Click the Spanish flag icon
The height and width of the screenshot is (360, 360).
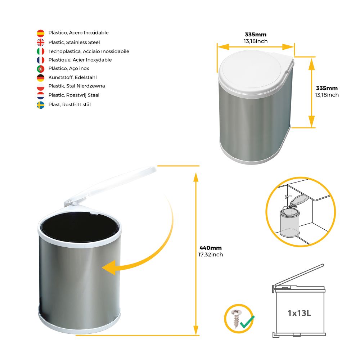click(x=41, y=33)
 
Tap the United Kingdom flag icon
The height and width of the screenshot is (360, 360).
click(x=41, y=42)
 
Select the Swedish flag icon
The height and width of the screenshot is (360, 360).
click(x=41, y=105)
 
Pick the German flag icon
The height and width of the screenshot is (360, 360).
click(x=41, y=78)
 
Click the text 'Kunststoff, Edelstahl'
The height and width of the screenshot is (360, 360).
click(x=73, y=77)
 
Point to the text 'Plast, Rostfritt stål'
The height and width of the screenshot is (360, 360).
click(x=69, y=104)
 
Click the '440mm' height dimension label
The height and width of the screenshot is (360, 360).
click(x=211, y=248)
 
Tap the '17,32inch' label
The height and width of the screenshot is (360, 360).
click(x=211, y=255)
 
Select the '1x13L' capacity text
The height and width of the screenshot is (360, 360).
click(x=300, y=313)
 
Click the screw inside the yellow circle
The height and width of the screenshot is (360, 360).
click(x=235, y=318)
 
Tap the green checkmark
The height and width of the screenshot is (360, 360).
click(x=247, y=322)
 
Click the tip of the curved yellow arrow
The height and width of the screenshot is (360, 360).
click(x=102, y=268)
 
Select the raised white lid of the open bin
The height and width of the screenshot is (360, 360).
click(x=110, y=186)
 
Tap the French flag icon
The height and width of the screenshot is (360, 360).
click(x=41, y=60)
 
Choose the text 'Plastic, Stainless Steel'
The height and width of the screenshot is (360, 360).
click(x=74, y=42)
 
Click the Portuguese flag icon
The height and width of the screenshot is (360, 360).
click(x=41, y=69)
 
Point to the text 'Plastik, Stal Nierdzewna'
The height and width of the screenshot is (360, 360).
click(x=77, y=86)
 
